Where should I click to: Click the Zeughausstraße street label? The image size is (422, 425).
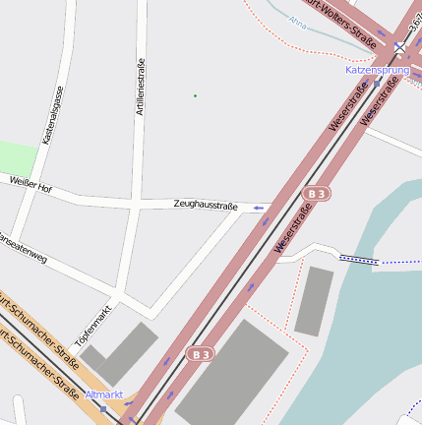(206, 206)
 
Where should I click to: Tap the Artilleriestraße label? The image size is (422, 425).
(142, 88)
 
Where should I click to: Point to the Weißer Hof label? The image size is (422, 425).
(30, 184)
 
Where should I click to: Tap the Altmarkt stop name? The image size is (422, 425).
(104, 395)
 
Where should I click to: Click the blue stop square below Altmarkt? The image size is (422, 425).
(103, 407)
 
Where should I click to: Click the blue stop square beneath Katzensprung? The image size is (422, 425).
(376, 84)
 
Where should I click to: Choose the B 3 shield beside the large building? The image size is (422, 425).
(200, 352)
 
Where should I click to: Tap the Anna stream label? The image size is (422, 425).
(298, 19)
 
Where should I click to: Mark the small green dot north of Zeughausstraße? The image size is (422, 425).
(195, 95)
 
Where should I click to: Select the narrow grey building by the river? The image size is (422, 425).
(314, 300)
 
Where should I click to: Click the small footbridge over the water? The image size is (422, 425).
(359, 260)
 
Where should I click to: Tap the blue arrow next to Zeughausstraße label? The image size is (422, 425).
(259, 208)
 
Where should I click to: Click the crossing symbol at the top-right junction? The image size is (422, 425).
(400, 46)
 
